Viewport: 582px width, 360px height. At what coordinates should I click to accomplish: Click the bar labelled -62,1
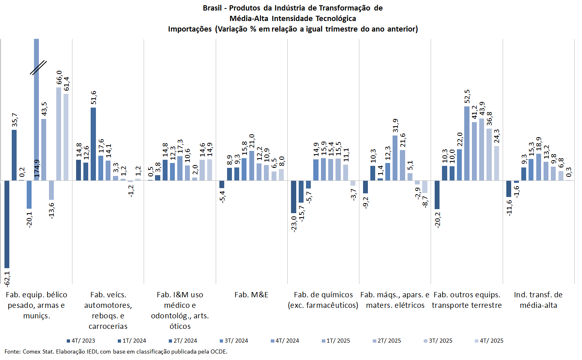coord(7,224)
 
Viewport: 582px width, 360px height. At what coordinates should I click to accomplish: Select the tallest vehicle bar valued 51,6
coord(93,144)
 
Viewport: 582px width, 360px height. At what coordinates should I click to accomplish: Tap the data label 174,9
coord(37,168)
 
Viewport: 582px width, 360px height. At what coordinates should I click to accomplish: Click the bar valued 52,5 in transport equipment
coord(467,143)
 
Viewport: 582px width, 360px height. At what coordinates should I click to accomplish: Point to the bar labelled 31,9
coord(395,158)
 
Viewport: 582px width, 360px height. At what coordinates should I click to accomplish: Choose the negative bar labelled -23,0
coord(293,197)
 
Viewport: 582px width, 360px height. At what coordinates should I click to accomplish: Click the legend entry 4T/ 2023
coord(81,341)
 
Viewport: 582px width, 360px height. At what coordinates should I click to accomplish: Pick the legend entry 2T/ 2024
coord(183,341)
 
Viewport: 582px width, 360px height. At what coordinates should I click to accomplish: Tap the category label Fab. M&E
coord(251,295)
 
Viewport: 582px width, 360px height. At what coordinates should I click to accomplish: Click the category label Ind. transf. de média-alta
coord(538,300)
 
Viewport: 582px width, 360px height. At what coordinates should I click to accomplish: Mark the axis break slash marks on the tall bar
coord(38,68)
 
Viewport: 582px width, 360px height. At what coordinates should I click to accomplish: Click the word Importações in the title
coord(190,29)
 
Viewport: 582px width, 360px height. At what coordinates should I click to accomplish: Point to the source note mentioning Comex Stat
coord(116,352)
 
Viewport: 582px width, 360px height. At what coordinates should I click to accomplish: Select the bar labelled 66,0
coord(59,133)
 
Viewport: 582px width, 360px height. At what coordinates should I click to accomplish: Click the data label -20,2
coord(438,220)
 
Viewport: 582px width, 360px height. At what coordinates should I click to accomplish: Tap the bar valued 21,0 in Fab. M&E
coord(252,165)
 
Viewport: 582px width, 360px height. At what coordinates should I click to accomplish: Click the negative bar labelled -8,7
coord(425,186)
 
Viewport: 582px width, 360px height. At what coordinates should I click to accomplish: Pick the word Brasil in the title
coord(212,8)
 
